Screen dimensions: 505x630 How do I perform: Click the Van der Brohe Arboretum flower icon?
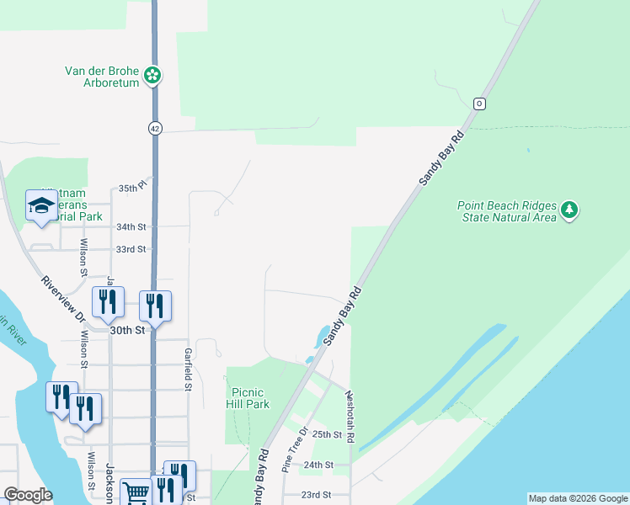(x=152, y=76)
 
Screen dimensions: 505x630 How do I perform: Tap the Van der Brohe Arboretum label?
(x=104, y=77)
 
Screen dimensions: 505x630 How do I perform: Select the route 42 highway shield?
(x=154, y=128)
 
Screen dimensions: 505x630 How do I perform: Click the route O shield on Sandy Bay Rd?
(x=479, y=104)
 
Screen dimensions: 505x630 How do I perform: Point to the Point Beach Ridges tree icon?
(x=570, y=210)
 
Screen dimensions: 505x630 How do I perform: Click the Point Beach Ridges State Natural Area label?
(x=506, y=210)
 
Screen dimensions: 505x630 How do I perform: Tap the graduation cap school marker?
(x=41, y=206)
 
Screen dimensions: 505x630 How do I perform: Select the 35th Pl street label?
(x=132, y=189)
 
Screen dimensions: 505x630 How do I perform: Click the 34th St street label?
(x=131, y=227)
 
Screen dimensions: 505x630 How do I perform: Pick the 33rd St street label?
(x=131, y=249)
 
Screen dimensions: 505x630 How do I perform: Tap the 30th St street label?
(x=126, y=331)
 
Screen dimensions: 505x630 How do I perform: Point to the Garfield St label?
(x=189, y=369)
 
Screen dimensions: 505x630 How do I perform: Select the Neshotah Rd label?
(x=350, y=421)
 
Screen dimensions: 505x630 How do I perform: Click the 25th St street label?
(x=327, y=434)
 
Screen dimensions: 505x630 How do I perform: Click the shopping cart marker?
(x=136, y=492)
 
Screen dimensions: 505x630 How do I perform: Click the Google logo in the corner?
(x=28, y=495)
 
